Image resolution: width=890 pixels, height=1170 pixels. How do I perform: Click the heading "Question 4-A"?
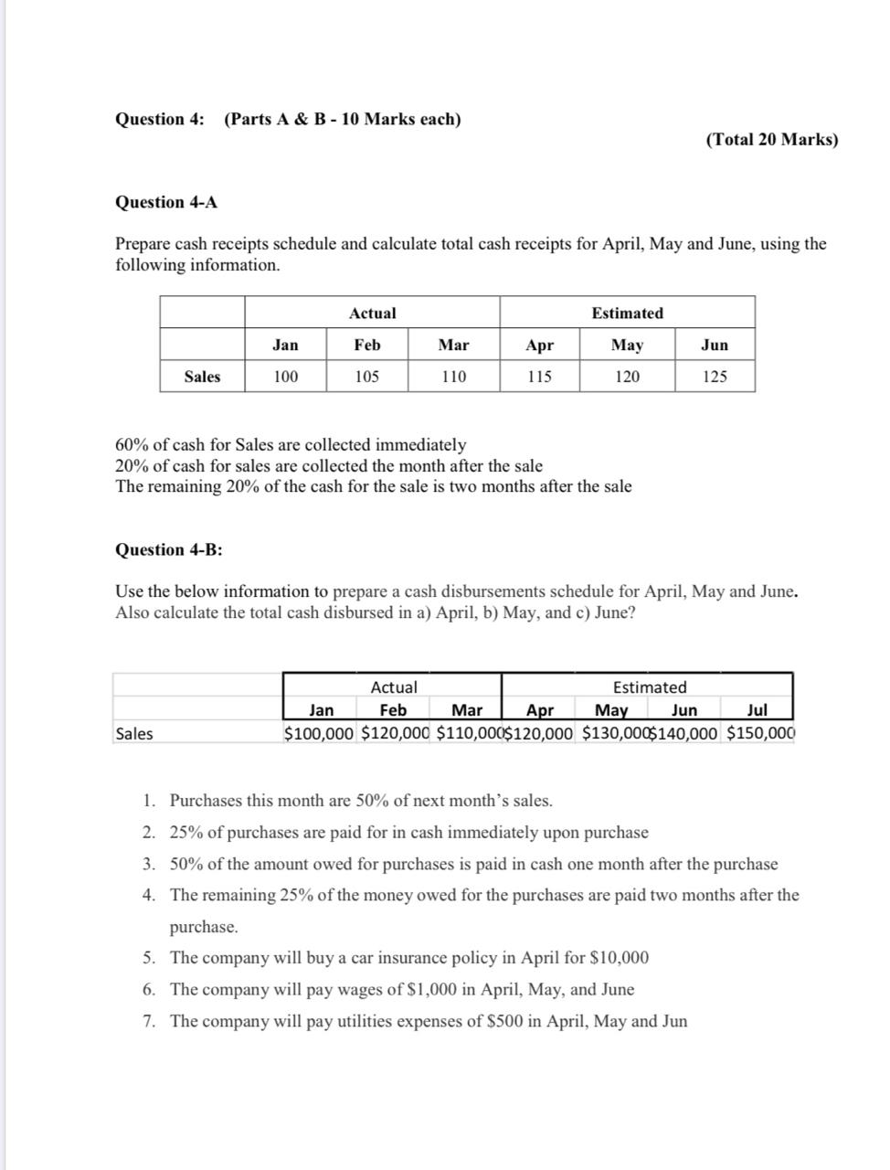coord(166,202)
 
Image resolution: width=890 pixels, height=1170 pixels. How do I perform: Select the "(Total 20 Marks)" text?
coord(771,139)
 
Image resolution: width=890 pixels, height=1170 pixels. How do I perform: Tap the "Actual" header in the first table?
coord(372,313)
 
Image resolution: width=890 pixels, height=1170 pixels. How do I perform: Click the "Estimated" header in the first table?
coord(627,313)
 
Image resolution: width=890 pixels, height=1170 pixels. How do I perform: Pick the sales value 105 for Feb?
coord(366,376)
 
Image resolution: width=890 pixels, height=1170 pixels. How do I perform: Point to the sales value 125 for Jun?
coord(715,376)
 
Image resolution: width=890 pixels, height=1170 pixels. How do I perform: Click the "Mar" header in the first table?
coord(453,345)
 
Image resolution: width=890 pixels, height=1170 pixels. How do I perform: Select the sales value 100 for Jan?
coord(285,376)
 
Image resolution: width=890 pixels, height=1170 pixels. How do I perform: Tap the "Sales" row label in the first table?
coord(202,376)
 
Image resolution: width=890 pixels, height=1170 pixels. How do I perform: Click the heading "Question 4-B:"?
coord(169,549)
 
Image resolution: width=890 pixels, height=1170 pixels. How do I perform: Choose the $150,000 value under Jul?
coord(761,733)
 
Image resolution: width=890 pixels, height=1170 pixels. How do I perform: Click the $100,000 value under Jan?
coord(319,733)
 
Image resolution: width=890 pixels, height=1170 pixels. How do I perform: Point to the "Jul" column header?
coord(757,710)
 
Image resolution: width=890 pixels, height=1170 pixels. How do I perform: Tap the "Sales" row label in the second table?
coord(134,733)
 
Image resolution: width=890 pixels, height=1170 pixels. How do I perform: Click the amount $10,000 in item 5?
coord(620,958)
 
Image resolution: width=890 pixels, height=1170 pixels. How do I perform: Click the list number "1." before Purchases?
coord(149,801)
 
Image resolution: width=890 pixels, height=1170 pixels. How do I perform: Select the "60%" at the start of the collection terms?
coord(132,445)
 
